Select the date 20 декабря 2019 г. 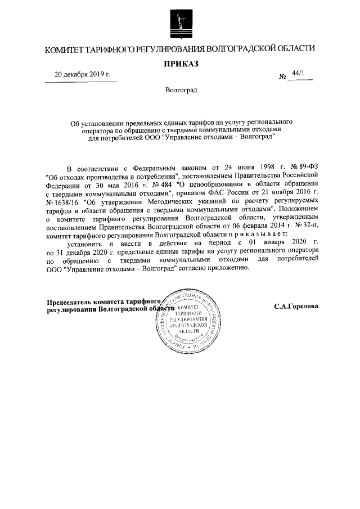tap(83, 74)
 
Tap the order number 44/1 tap(299, 74)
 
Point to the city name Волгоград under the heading tap(181, 90)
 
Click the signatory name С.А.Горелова tap(296, 307)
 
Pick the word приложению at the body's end tap(228, 268)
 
